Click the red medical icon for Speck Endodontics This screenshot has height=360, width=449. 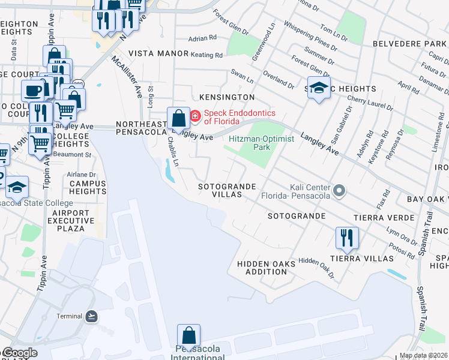(x=195, y=115)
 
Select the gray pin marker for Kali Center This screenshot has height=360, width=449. (x=340, y=191)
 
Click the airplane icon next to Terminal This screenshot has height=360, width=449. (x=91, y=316)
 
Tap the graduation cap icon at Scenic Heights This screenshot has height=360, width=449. (x=319, y=88)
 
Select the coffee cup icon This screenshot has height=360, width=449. (x=32, y=90)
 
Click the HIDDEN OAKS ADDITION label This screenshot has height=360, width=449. (x=266, y=268)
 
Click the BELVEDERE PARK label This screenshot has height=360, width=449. (x=409, y=44)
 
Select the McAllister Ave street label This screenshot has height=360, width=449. (x=127, y=77)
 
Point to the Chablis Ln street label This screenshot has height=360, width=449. (x=173, y=151)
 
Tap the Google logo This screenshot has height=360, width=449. (x=19, y=353)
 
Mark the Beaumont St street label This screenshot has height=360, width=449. (x=71, y=154)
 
